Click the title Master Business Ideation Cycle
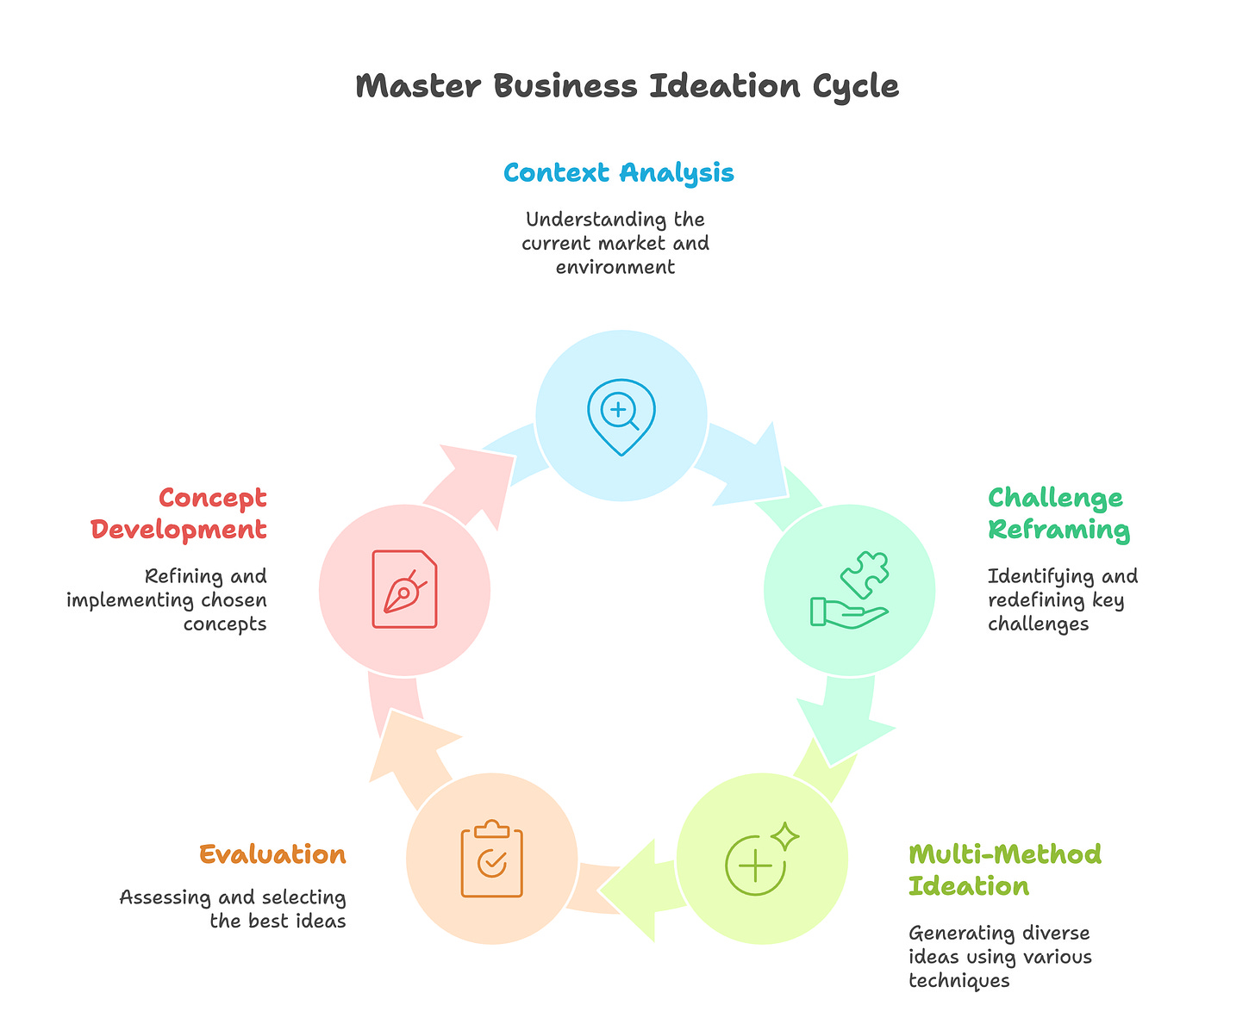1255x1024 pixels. (x=627, y=87)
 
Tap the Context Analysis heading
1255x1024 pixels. (x=618, y=173)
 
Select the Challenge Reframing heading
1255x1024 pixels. (x=1058, y=513)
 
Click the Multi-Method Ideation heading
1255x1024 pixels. (x=1004, y=870)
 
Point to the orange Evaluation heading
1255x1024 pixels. (x=272, y=854)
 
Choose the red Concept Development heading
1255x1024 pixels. (x=179, y=513)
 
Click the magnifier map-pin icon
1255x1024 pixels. (x=621, y=416)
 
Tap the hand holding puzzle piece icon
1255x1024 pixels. (x=849, y=590)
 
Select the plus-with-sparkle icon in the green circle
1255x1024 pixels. (x=761, y=859)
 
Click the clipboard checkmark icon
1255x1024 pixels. (x=491, y=859)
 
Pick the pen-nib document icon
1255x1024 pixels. (x=404, y=590)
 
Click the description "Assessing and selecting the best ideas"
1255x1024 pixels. (x=233, y=909)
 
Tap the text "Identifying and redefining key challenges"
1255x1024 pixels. (x=1062, y=599)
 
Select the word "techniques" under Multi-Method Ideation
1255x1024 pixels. (x=958, y=980)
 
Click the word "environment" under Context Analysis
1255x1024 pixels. (x=615, y=267)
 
